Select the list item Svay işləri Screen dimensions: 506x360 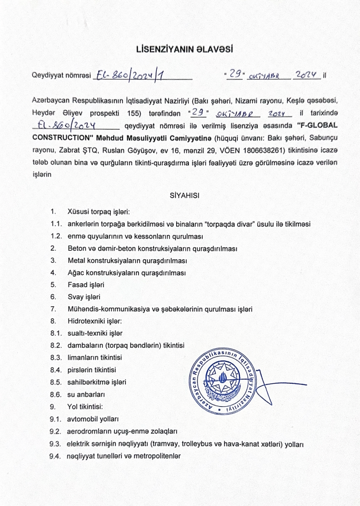[84, 297]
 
